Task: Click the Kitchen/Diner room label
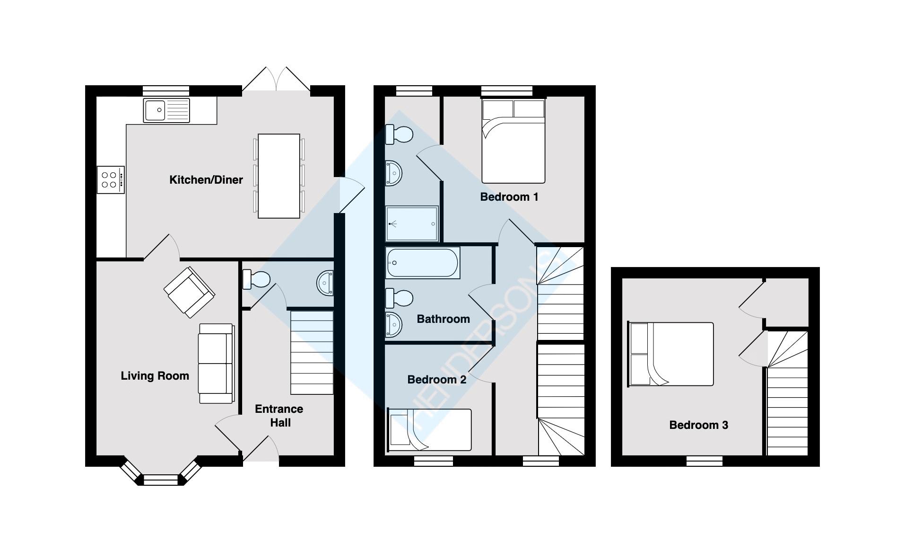[x=206, y=180]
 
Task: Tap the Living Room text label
[x=155, y=376]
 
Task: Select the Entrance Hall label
[x=279, y=416]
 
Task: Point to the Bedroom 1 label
[x=509, y=197]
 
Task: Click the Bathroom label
[x=443, y=319]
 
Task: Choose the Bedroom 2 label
[x=436, y=380]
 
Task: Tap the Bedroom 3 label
[x=698, y=425]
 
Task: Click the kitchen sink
[x=166, y=110]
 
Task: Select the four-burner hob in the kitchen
[x=111, y=180]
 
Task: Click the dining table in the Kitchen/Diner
[x=278, y=176]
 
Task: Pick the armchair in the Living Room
[x=189, y=292]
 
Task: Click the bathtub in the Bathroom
[x=422, y=263]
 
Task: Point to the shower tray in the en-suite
[x=411, y=223]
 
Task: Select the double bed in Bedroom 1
[x=513, y=141]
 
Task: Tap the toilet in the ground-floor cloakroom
[x=255, y=279]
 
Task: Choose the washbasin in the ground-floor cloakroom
[x=325, y=283]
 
